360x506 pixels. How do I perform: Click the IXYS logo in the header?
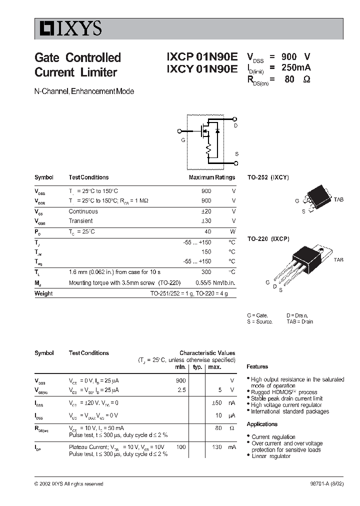pyautogui.click(x=68, y=29)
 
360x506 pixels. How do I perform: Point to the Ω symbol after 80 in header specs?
pyautogui.click(x=306, y=79)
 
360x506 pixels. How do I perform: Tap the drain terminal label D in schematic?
pyautogui.click(x=236, y=126)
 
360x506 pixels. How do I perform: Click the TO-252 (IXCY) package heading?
pyautogui.click(x=268, y=177)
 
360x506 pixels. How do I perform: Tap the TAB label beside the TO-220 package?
pyautogui.click(x=338, y=260)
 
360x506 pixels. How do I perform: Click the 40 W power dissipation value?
pyautogui.click(x=207, y=232)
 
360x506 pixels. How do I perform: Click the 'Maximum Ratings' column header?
pyautogui.click(x=211, y=177)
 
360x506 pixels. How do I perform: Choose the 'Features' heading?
pyautogui.click(x=257, y=366)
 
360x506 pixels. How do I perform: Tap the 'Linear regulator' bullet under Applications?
pyautogui.click(x=270, y=456)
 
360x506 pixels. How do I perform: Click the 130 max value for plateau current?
pyautogui.click(x=216, y=447)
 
